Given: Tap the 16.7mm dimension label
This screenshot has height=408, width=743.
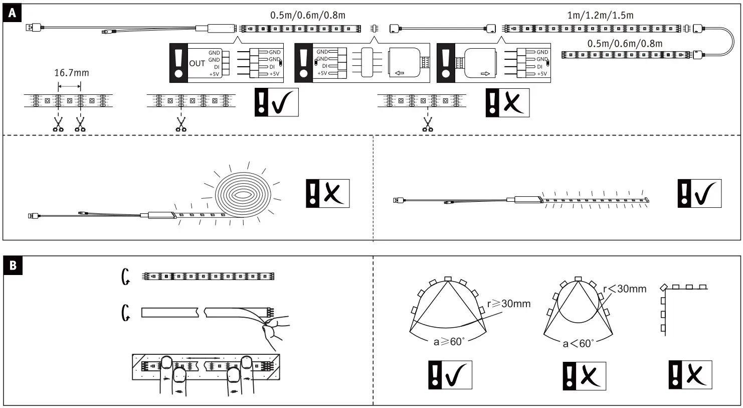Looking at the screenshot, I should point(71,73).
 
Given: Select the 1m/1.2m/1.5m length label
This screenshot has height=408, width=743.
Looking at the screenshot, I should point(600,15).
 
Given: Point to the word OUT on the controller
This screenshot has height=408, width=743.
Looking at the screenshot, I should point(197,63).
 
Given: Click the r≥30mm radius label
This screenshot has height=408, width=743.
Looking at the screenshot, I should point(508,304).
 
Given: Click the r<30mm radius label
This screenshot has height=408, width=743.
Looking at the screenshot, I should point(624,289).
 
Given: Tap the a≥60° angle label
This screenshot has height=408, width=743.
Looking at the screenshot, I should point(449,342).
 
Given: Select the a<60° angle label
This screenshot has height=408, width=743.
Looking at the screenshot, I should point(578,343).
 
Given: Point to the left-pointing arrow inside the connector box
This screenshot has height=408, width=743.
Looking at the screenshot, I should point(400,73).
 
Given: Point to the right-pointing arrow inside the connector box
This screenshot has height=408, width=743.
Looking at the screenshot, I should point(485,73).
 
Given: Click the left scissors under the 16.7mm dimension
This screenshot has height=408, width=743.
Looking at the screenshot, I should point(58,123).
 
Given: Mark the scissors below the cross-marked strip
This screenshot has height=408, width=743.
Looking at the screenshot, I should point(428,123).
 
